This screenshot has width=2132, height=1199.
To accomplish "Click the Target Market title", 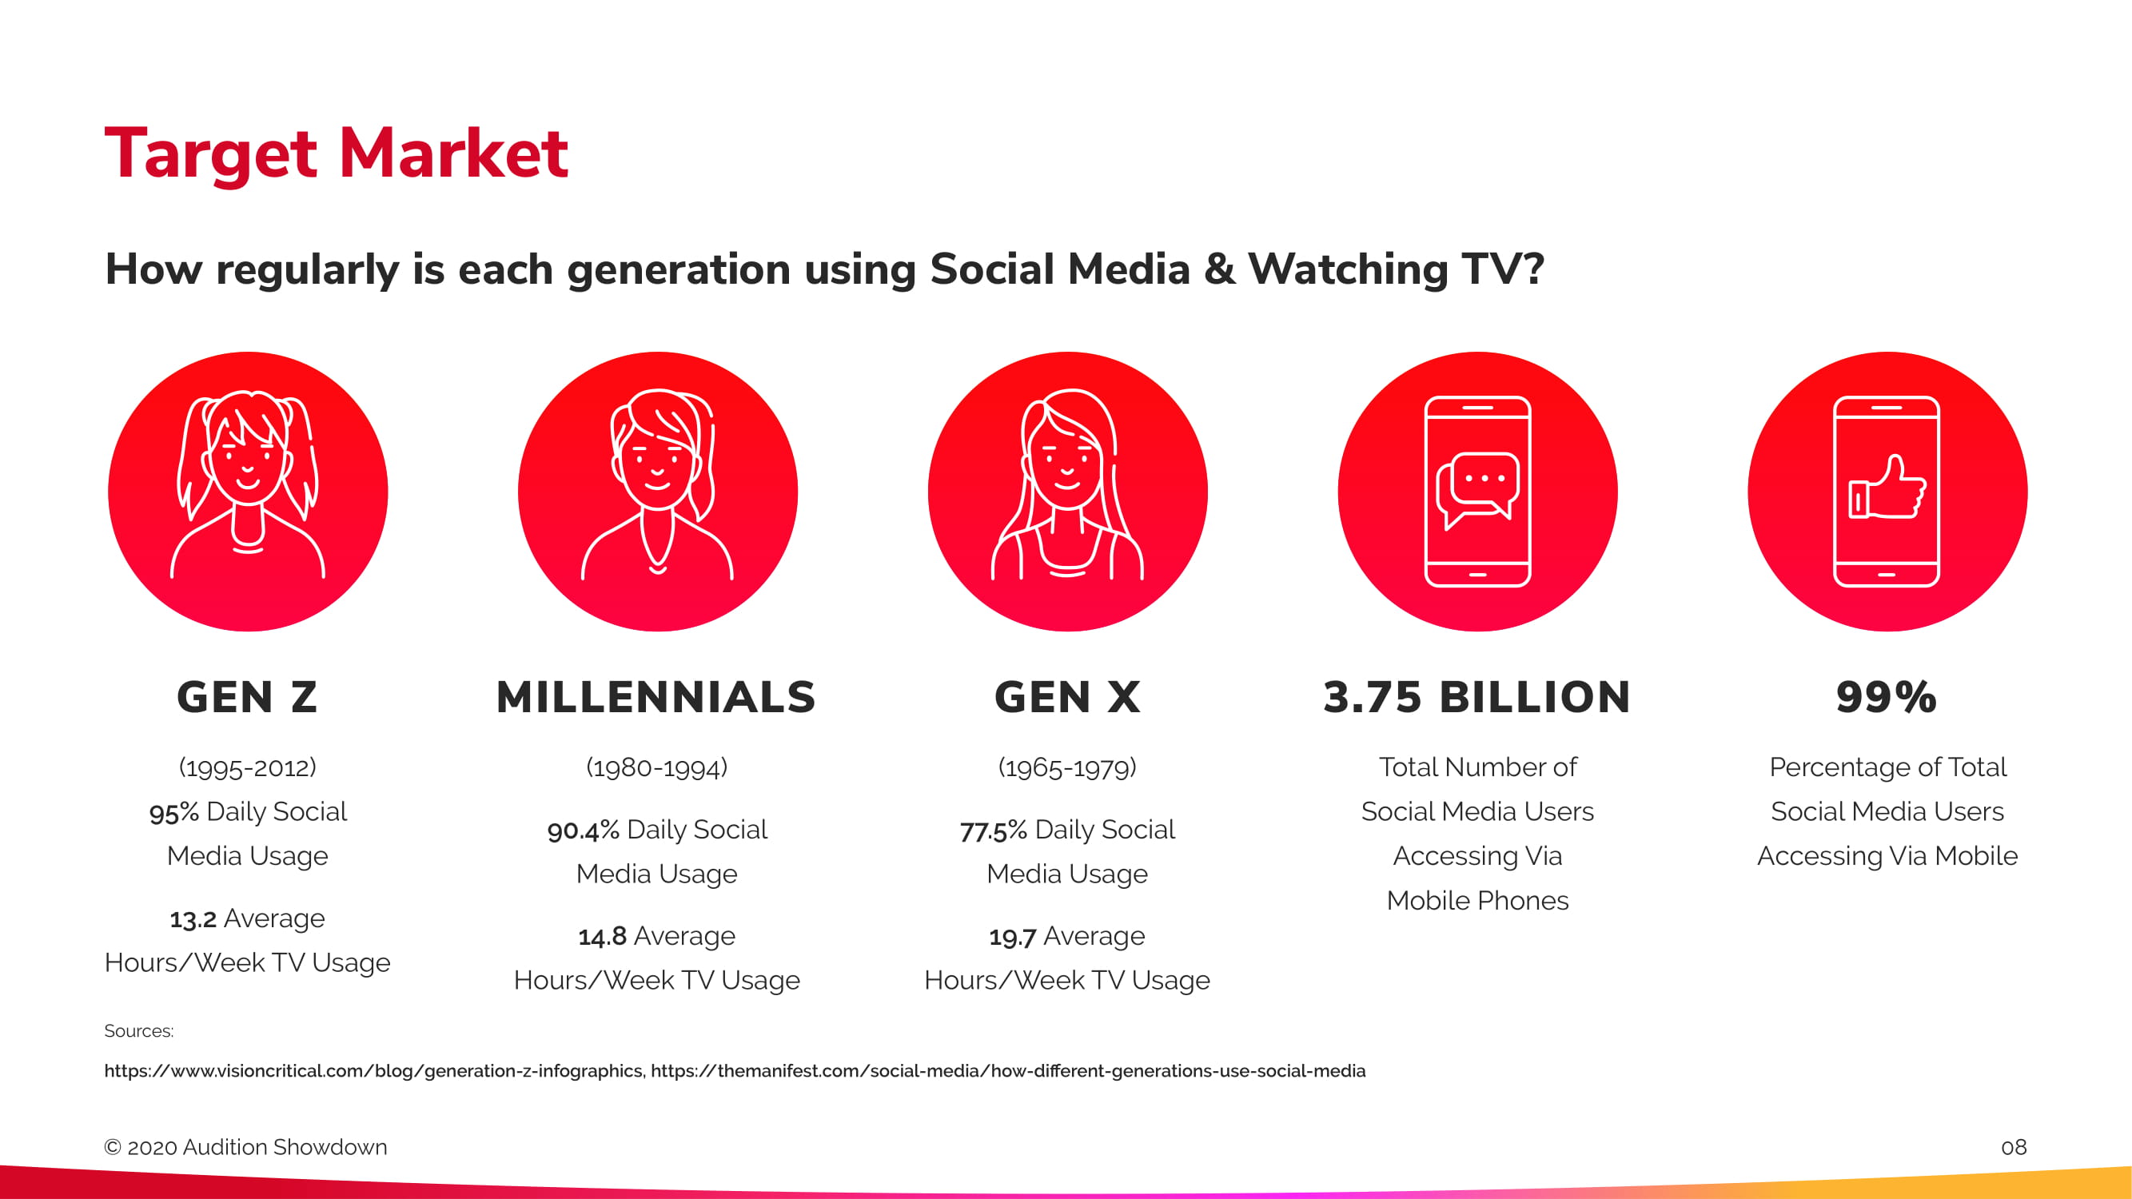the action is point(336,154).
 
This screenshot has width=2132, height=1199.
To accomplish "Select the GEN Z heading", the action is point(248,697).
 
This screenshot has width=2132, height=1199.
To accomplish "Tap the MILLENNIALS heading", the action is point(656,697).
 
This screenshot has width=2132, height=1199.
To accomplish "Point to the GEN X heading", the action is point(1068,697).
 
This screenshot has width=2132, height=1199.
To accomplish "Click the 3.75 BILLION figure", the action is point(1477,697).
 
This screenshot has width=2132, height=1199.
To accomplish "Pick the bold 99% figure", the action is point(1887,697).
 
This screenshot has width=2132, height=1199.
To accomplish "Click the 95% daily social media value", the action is point(173,812).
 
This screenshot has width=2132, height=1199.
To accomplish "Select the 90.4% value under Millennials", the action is point(584,830).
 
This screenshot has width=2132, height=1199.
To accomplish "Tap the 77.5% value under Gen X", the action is point(993,830).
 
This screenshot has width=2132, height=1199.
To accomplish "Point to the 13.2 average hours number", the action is point(193,918).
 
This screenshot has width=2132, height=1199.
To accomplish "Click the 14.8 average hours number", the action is point(603,937).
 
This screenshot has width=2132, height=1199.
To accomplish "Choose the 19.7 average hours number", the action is point(1012,937).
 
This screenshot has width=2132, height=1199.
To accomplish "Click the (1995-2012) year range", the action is point(248,767).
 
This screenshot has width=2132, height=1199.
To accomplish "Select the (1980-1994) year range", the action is point(657,767).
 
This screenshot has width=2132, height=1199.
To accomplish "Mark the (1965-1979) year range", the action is point(1068,767).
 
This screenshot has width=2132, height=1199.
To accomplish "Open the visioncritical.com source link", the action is point(373,1071).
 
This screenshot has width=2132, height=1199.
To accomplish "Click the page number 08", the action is point(2014,1147).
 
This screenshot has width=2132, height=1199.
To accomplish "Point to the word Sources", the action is point(138,1031).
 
